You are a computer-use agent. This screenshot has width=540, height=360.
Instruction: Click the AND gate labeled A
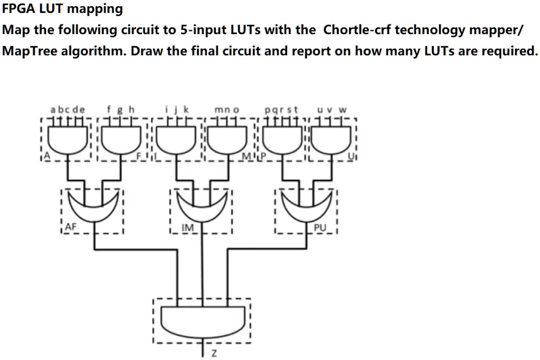(x=67, y=140)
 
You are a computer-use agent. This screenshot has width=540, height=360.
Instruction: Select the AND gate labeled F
(x=121, y=140)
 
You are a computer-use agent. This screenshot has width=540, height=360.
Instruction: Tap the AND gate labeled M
(x=228, y=140)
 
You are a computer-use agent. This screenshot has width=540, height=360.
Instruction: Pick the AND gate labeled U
(x=332, y=140)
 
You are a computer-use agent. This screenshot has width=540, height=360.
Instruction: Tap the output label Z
(x=214, y=354)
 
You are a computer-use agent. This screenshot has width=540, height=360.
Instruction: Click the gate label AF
(x=71, y=227)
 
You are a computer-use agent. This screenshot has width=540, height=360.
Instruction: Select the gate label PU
(x=320, y=228)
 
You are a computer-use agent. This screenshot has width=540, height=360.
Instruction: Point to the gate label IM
(x=188, y=228)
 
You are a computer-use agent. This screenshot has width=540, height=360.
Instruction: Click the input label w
(x=342, y=111)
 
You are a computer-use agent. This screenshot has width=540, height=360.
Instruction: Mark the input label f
(x=109, y=109)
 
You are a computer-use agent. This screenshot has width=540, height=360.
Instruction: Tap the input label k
(x=186, y=109)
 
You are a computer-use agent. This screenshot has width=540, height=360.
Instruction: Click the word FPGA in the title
(x=18, y=9)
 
